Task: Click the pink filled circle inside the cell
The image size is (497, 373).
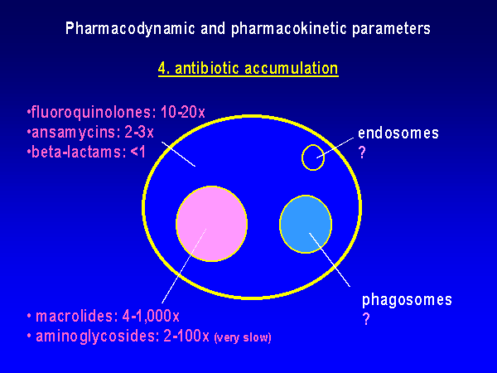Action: click(211, 224)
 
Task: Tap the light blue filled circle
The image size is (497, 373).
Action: click(306, 225)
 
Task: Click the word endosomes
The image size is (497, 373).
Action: click(398, 133)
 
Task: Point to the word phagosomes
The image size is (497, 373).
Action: click(407, 300)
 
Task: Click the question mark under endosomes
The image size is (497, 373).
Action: click(362, 153)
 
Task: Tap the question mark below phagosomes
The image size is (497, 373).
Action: click(366, 319)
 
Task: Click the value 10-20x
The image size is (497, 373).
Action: click(183, 112)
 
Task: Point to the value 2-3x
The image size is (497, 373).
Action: click(139, 132)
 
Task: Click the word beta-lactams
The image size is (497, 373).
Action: click(77, 152)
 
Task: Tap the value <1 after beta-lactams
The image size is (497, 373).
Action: click(138, 153)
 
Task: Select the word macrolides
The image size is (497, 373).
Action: click(75, 317)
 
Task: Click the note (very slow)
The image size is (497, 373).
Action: click(243, 337)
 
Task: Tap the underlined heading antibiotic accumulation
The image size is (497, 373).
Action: click(257, 69)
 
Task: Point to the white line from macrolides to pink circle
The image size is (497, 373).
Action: click(184, 266)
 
